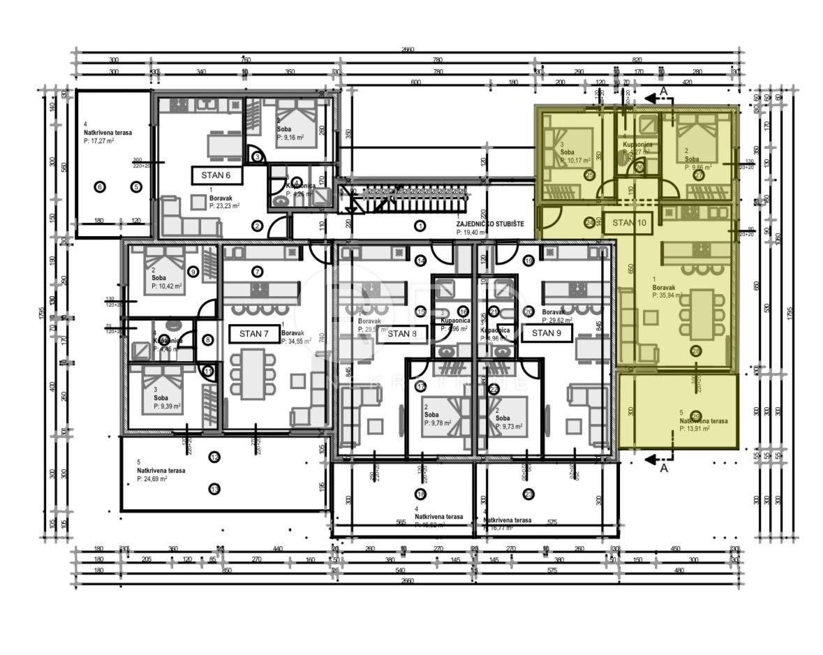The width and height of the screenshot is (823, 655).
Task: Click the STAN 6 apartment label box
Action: click(x=216, y=175)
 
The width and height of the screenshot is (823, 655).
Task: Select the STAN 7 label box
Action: click(x=254, y=334)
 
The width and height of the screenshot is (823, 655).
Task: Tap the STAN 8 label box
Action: click(x=402, y=333)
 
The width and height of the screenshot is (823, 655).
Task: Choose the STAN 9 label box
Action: click(x=547, y=333)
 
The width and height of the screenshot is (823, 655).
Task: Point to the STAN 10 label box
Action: click(x=628, y=223)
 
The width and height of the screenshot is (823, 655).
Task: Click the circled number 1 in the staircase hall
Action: click(x=420, y=226)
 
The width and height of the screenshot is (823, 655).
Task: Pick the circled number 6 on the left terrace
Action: click(x=99, y=186)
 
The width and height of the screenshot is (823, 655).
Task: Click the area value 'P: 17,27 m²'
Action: click(x=98, y=140)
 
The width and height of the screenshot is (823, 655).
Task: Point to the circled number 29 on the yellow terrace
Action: click(x=695, y=415)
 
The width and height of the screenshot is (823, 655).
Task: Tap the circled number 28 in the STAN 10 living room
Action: click(x=695, y=351)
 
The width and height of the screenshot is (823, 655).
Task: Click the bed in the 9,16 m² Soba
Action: click(x=297, y=124)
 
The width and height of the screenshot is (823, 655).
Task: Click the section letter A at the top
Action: click(x=664, y=91)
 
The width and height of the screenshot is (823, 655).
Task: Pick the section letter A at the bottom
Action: click(x=664, y=469)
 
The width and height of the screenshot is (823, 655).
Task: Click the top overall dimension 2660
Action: click(x=408, y=50)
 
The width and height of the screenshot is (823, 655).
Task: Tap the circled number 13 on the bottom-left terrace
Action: click(x=214, y=489)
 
